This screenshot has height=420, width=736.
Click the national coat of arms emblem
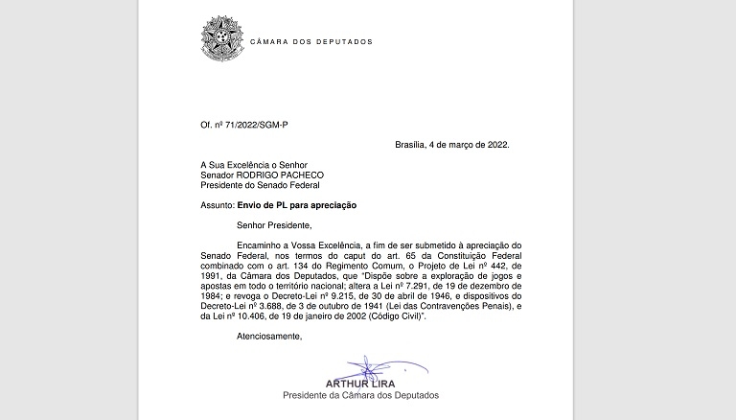coord(221,37)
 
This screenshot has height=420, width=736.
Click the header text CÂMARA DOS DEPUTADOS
coord(310,42)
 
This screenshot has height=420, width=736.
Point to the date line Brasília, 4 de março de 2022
coord(452,145)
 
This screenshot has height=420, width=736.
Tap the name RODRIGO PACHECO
coord(284,175)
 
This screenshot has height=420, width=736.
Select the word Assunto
coord(216,205)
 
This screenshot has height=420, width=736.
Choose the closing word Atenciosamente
coord(269,337)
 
